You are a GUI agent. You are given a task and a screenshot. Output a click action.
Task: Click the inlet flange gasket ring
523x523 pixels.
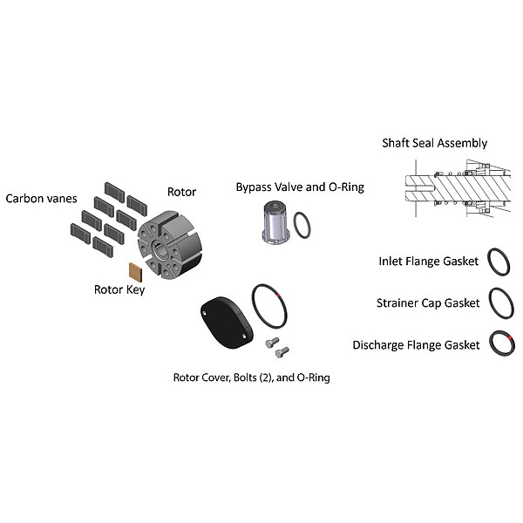click(x=499, y=261)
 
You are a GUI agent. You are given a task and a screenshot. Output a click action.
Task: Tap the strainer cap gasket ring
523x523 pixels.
click(x=501, y=302)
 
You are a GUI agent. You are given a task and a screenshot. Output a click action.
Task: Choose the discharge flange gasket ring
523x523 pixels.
click(x=501, y=343)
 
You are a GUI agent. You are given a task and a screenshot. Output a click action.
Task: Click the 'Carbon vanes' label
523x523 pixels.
click(x=40, y=198)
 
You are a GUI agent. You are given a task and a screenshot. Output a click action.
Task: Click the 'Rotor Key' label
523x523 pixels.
click(x=119, y=289)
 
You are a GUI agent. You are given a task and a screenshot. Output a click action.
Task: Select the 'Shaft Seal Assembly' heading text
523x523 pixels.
click(x=434, y=143)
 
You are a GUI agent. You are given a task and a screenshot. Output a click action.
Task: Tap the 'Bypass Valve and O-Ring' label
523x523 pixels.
click(x=300, y=187)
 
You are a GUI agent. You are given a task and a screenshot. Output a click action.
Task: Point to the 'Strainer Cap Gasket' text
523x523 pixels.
click(x=428, y=303)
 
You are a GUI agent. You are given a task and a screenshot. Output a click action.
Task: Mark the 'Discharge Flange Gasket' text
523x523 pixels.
click(x=416, y=345)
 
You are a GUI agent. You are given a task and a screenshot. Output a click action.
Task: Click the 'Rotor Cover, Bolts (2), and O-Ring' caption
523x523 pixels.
click(x=251, y=377)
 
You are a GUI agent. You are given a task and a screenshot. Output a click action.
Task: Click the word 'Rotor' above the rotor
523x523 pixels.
click(x=181, y=192)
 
